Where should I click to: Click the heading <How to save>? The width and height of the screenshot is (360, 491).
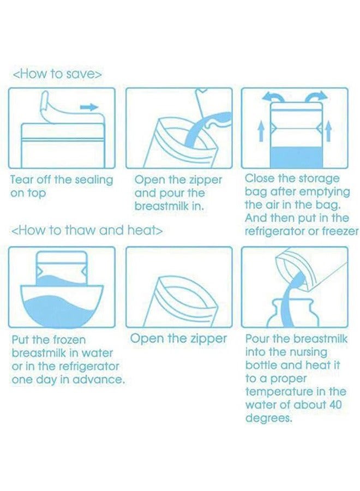tap(57, 74)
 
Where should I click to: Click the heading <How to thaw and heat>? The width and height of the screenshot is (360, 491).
tap(87, 231)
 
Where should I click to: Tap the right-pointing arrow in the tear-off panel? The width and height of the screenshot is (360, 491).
tap(89, 107)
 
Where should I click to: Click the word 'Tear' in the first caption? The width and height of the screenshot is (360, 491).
tap(22, 179)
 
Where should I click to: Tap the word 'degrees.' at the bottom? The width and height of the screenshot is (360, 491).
tap(268, 418)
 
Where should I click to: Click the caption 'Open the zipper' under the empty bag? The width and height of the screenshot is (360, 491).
tap(178, 338)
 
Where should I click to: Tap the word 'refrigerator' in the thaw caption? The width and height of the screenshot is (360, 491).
tap(87, 367)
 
